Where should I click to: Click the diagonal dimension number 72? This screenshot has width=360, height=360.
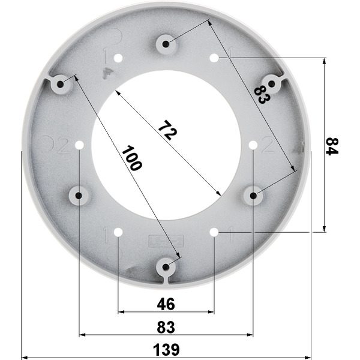168,130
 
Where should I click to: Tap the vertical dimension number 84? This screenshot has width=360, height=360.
332,146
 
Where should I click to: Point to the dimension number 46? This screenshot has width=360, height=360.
166,304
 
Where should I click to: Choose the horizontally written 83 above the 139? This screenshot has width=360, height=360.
166,328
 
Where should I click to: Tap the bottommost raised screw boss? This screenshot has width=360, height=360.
166,266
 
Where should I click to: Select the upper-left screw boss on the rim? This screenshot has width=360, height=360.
61,84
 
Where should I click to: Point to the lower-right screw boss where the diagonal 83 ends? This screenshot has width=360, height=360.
253,195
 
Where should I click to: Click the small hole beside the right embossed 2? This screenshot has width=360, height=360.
253,145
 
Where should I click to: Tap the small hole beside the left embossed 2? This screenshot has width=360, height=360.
79,145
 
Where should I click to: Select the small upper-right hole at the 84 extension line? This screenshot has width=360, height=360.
214,58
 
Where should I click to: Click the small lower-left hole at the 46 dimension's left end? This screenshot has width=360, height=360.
118,232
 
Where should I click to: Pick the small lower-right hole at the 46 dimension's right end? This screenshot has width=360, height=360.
214,232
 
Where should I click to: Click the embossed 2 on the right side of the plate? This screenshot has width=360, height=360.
268,145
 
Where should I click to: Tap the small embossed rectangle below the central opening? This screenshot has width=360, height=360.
161,242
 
